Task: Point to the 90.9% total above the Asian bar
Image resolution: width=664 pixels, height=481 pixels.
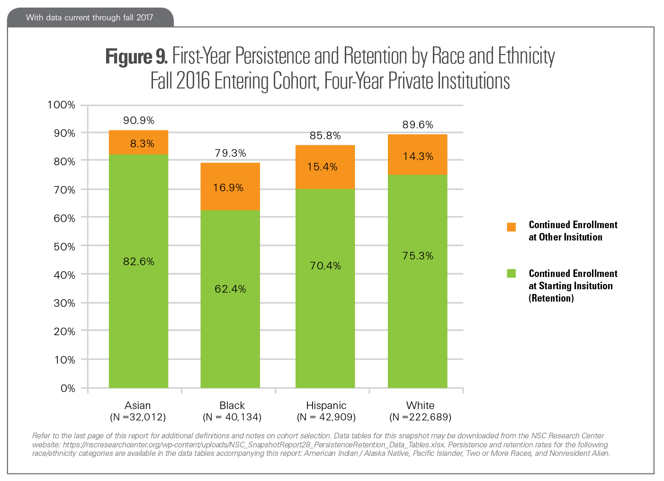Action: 139,120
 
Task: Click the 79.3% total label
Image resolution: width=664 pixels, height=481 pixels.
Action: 230,153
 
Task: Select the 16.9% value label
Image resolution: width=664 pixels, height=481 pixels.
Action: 228,187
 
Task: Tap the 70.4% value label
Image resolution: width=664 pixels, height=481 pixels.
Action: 325,266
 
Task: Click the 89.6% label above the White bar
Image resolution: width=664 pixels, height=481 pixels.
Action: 418,125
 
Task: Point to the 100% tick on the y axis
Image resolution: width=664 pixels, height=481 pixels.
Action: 61,105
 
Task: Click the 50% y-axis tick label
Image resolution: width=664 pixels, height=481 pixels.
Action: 64,247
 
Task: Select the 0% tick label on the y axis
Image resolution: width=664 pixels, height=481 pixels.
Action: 68,388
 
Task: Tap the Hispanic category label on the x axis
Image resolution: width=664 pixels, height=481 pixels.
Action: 326,405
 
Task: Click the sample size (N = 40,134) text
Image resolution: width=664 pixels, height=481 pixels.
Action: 232,417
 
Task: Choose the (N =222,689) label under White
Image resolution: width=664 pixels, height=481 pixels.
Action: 420,417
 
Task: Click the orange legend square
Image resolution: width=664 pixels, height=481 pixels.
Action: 511,227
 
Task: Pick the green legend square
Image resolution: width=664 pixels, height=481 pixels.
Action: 511,273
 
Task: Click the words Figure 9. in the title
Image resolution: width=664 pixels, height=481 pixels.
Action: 136,56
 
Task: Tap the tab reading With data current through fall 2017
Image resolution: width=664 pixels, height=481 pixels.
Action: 90,18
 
